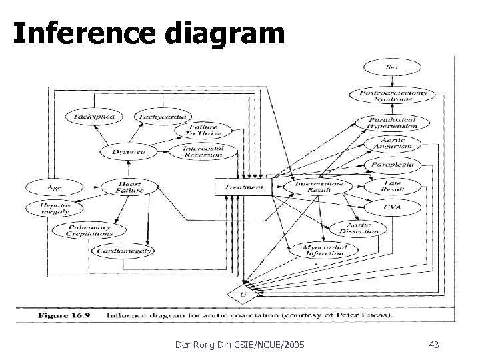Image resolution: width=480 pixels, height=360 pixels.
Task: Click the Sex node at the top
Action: pyautogui.click(x=392, y=68)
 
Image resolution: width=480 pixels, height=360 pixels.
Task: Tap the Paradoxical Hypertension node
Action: pyautogui.click(x=392, y=122)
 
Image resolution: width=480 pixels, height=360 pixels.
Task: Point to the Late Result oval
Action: pyautogui.click(x=393, y=186)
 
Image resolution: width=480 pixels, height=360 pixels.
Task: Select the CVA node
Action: pyautogui.click(x=393, y=208)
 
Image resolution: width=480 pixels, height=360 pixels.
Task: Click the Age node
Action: pyautogui.click(x=55, y=187)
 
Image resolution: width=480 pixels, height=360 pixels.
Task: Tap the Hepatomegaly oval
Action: pyautogui.click(x=55, y=208)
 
